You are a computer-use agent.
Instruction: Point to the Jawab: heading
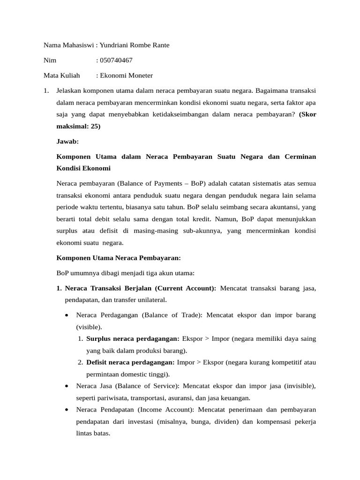(x=67, y=141)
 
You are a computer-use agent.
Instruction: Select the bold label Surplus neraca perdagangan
(x=133, y=338)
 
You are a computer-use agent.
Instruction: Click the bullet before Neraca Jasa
(x=68, y=386)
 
